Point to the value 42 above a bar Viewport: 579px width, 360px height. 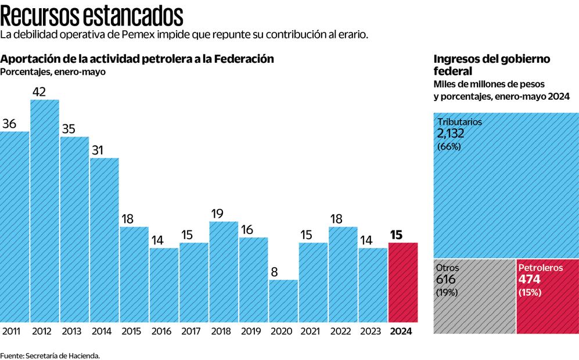pyautogui.click(x=39, y=92)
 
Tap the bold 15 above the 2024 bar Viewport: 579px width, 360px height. pyautogui.click(x=397, y=235)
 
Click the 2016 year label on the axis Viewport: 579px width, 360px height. pyautogui.click(x=161, y=332)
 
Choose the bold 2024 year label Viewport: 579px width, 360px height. pyautogui.click(x=402, y=332)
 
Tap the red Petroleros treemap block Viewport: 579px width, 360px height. pyautogui.click(x=546, y=296)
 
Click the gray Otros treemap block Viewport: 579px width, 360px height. pyautogui.click(x=474, y=296)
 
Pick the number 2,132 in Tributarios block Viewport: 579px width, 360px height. pyautogui.click(x=451, y=134)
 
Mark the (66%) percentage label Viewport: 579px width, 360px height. pyautogui.click(x=448, y=147)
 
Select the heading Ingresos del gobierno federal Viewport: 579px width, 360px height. pyautogui.click(x=492, y=64)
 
